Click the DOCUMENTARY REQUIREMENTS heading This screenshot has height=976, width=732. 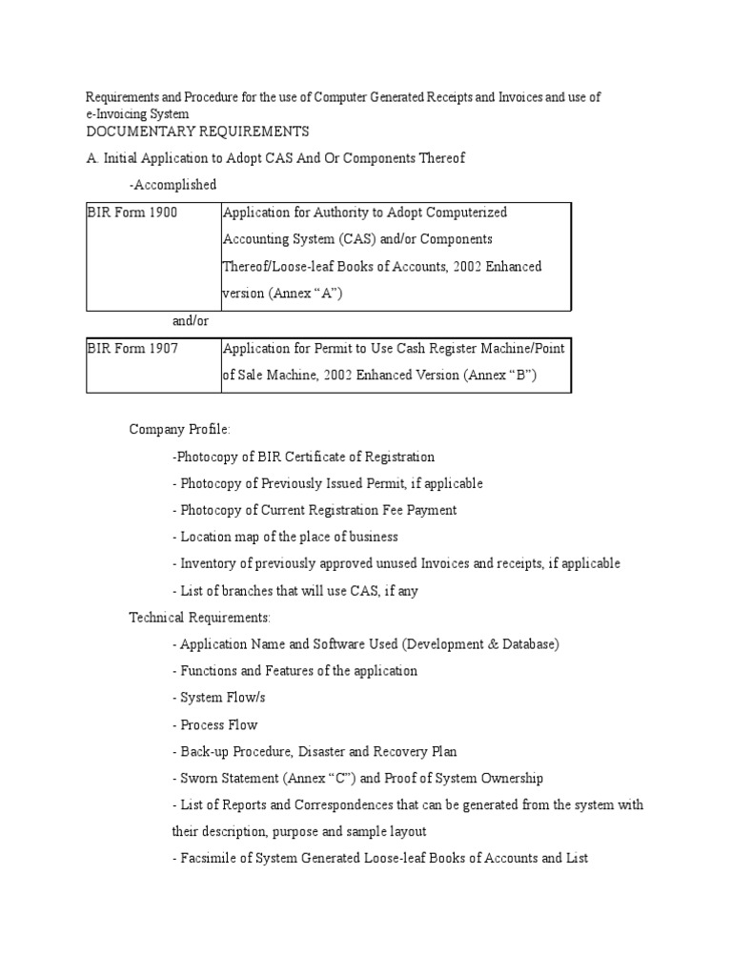tap(197, 131)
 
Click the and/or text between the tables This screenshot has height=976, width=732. tap(189, 321)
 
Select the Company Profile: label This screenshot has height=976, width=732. tap(180, 430)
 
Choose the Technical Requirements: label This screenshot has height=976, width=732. tap(200, 618)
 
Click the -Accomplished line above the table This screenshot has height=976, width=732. tap(173, 184)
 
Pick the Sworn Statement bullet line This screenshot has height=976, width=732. tap(357, 779)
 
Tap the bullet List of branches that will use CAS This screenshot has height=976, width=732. tap(295, 591)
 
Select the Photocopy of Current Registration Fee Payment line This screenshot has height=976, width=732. tap(315, 510)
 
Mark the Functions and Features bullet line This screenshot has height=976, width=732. tap(295, 671)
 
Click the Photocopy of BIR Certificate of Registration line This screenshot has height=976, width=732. tap(303, 457)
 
